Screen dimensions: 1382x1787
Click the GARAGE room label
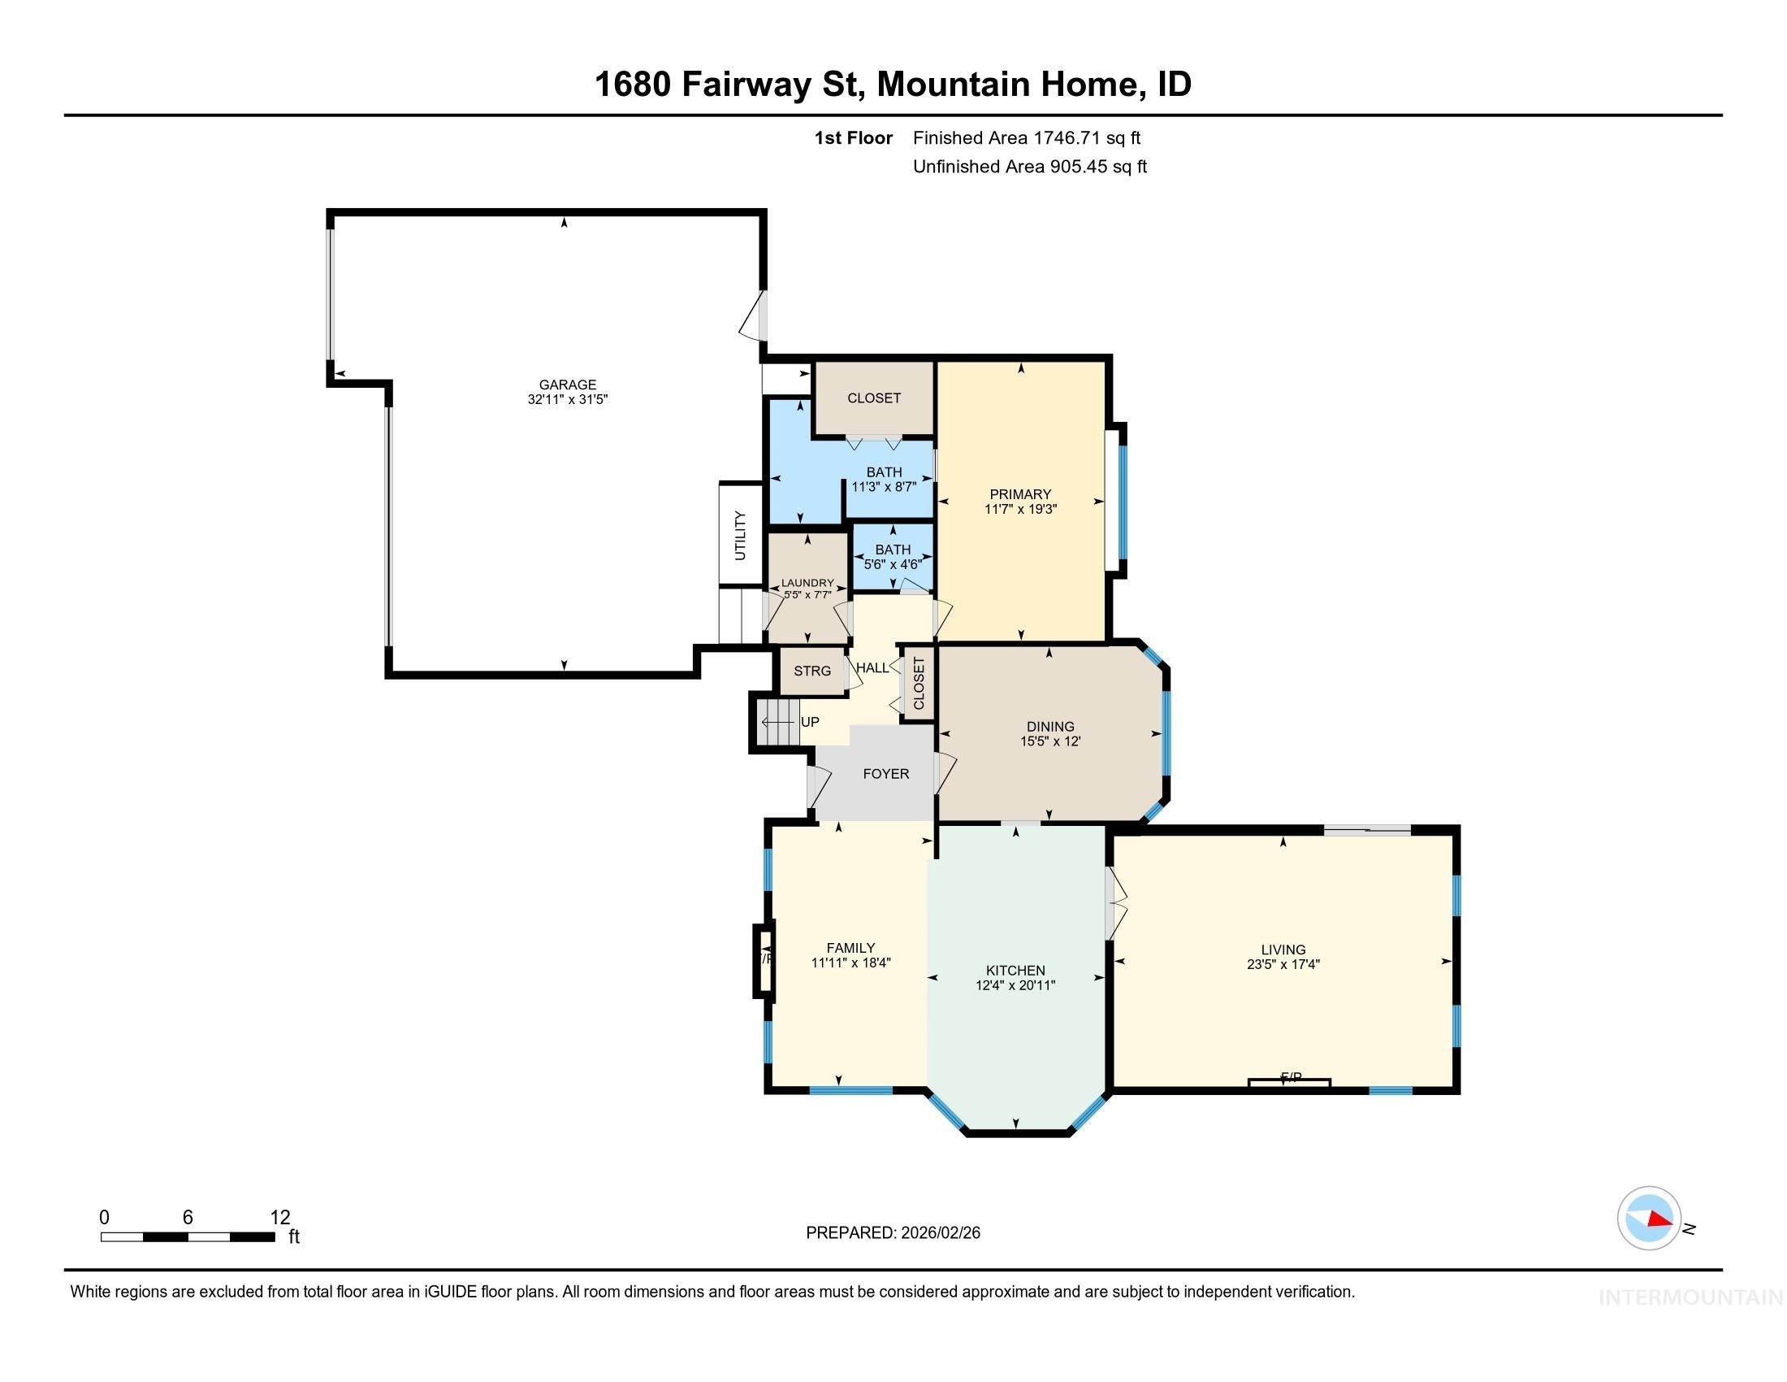tap(567, 384)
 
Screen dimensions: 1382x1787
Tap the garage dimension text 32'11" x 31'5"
tap(567, 399)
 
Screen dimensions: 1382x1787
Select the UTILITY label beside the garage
tap(741, 536)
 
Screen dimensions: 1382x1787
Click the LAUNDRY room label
tap(807, 583)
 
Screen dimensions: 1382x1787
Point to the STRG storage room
tap(811, 671)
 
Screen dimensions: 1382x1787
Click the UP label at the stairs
tap(809, 722)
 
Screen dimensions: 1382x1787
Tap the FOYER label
tap(885, 774)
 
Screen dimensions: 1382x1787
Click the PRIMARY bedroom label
tap(1019, 493)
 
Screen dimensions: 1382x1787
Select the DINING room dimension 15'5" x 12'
tap(1049, 741)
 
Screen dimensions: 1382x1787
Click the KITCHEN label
tap(1015, 970)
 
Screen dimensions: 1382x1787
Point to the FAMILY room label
tap(850, 948)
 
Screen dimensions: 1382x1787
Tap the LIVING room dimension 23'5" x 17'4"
tap(1282, 964)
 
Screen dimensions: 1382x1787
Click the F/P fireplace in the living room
tap(1291, 1078)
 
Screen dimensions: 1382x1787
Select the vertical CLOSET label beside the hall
tap(918, 684)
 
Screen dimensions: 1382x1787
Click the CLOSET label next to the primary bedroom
tap(873, 398)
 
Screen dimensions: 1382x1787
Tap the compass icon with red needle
tap(1649, 1218)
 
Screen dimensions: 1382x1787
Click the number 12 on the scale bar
tap(280, 1217)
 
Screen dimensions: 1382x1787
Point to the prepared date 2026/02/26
tap(939, 1233)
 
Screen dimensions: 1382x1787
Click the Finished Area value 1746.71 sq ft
tap(1087, 137)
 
